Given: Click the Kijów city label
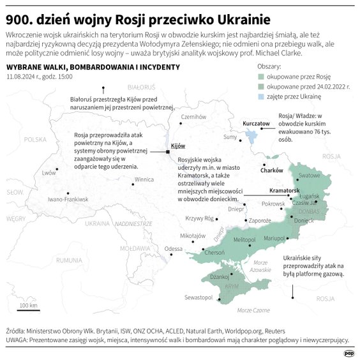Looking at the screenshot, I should click(x=169, y=146).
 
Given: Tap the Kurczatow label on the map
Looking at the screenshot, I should click(x=257, y=123).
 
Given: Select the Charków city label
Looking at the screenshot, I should click(x=272, y=170).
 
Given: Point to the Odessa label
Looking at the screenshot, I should click(x=173, y=248).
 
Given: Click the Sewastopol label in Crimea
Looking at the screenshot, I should click(x=199, y=297).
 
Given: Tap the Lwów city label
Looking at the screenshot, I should click(x=49, y=172).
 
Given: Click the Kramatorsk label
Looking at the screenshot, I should click(x=284, y=190).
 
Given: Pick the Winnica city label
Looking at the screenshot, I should click(x=144, y=180).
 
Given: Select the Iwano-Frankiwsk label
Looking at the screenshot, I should click(x=68, y=199).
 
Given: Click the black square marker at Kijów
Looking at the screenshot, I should click(x=168, y=152).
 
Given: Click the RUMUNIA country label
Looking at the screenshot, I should click(x=68, y=260).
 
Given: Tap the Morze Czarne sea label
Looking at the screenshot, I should click(x=252, y=310).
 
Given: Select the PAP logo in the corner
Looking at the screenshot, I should click(x=349, y=352).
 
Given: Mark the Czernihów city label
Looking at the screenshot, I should click(x=195, y=117).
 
